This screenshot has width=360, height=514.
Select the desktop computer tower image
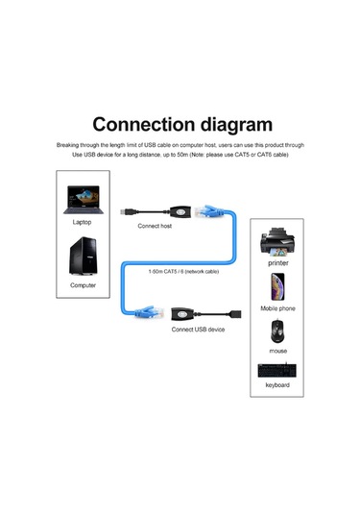[x=83, y=257]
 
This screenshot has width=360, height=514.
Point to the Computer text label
[x=84, y=285]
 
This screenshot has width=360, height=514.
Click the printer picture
[x=277, y=241]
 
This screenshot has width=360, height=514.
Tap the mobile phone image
[x=276, y=287]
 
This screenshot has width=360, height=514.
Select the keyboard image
[x=276, y=370]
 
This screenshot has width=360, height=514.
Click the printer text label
[x=277, y=261]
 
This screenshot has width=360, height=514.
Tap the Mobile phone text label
[x=277, y=308]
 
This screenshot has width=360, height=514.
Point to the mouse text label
[x=277, y=352]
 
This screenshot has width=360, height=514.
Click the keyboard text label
[x=277, y=385]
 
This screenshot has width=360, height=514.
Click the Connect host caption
[x=155, y=226]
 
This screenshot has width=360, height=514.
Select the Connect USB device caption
[x=199, y=330]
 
